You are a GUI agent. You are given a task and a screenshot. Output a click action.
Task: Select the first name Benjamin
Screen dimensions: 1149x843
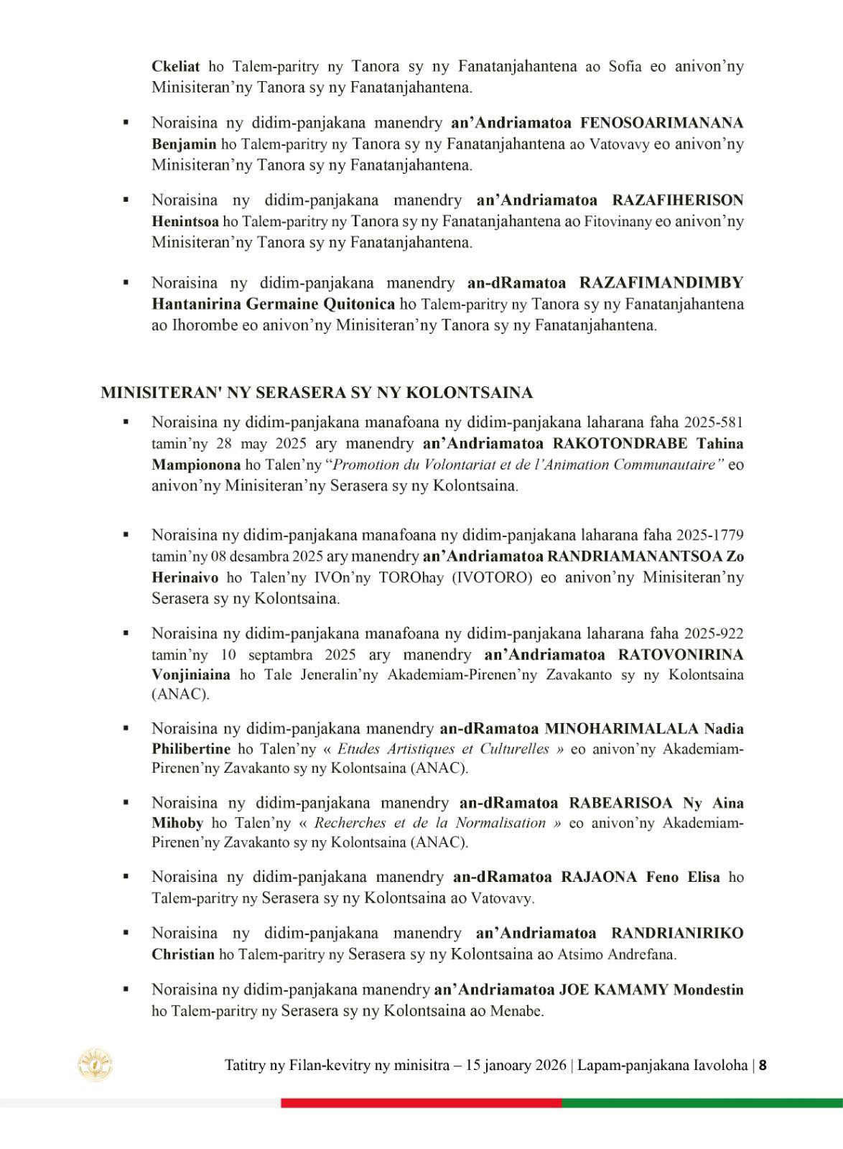184,144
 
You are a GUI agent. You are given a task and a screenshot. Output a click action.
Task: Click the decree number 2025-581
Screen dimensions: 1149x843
714,422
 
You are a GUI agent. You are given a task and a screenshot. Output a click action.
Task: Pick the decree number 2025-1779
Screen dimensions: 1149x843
710,535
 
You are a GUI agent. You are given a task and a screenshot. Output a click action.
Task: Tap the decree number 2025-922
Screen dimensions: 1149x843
714,633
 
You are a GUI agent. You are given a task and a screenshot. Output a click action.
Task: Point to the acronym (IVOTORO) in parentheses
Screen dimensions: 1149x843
492,577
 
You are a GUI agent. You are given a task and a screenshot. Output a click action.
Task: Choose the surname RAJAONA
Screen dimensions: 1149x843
600,877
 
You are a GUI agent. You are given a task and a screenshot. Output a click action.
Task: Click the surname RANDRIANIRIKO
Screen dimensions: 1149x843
677,934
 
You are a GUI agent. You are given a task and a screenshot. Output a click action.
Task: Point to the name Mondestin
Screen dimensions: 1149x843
708,990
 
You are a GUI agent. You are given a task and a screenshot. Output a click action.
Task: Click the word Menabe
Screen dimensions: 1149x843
516,1011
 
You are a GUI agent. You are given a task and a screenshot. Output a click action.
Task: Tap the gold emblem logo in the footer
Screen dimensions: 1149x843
95,1065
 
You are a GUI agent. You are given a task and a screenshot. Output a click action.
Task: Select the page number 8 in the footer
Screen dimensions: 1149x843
763,1065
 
